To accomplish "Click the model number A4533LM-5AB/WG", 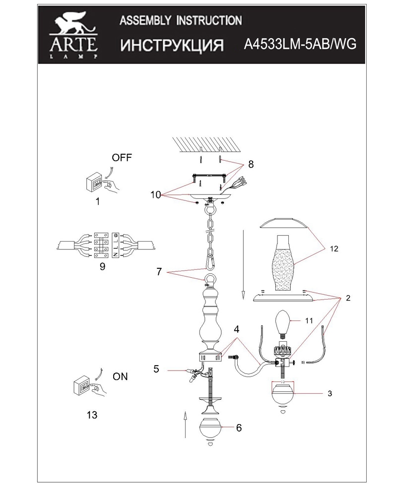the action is click(300, 44).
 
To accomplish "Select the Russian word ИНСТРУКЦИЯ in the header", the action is click(172, 45).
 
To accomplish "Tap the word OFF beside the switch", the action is click(122, 158).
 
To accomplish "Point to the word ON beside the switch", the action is click(120, 376).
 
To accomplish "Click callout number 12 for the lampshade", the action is click(334, 249).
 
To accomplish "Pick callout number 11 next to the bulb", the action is click(309, 321).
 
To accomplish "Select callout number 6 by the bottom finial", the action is click(239, 428).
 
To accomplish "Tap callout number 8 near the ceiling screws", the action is click(251, 164).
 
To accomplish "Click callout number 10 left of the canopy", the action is click(156, 195).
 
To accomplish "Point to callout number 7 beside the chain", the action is click(159, 271).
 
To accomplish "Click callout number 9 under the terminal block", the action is click(102, 266).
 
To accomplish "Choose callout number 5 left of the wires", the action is click(156, 369).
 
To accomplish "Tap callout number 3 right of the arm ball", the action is click(330, 393).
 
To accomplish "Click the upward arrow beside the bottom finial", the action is click(185, 425).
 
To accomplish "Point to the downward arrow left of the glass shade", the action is click(243, 265).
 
